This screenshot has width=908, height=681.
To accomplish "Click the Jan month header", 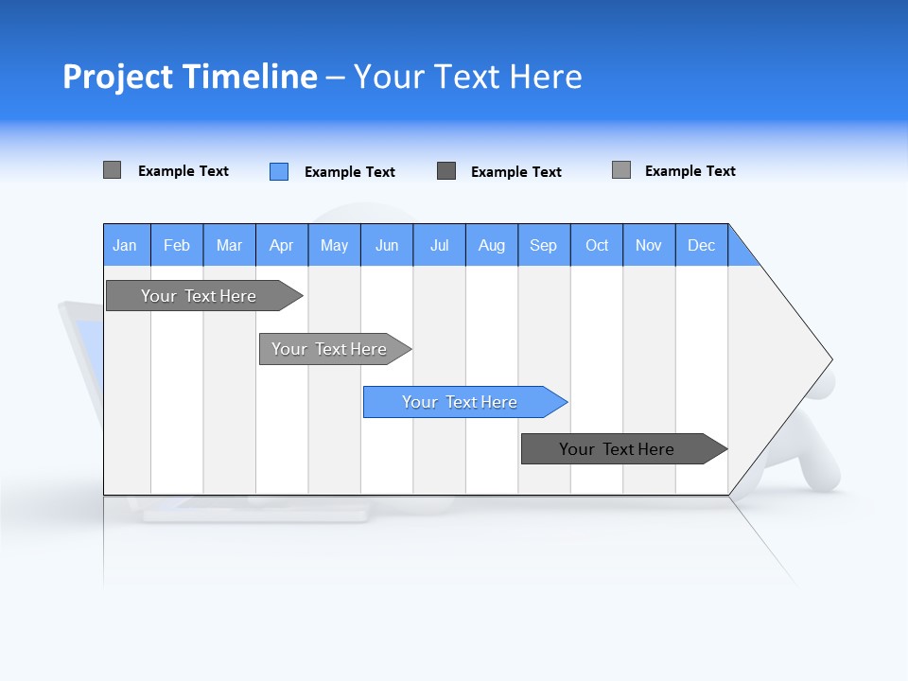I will pos(126,245).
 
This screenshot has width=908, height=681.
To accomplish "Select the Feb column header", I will pos(177,245).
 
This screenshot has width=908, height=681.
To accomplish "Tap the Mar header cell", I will pos(229,245).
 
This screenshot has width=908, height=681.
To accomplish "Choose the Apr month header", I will pos(282,245).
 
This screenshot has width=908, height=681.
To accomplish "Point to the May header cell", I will pos(334,245).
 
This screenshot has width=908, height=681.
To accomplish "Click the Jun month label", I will pos(387,245).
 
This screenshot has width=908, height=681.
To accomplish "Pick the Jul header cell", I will pos(439,245).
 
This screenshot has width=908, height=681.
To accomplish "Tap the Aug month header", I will pos(492,245).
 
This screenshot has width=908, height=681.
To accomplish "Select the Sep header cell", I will pos(544,245).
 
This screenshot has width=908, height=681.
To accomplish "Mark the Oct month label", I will pos(597,245).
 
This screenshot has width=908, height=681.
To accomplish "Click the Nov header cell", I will pos(649,245).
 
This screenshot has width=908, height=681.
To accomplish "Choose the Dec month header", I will pos(702,245).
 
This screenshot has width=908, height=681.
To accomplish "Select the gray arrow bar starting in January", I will pos(200,296).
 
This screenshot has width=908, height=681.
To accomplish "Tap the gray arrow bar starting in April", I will pos(330,349).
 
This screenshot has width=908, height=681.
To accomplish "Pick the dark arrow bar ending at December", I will pos(618,449).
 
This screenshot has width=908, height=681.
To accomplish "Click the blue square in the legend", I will pos(279,171).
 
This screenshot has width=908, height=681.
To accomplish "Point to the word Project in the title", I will pos(117,77).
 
